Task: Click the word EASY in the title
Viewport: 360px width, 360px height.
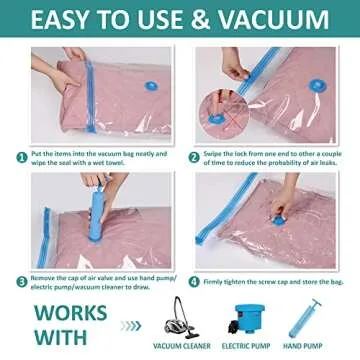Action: pos(71,20)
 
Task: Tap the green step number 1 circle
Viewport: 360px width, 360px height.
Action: pos(20,155)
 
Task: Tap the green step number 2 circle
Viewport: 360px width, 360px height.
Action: pos(194,155)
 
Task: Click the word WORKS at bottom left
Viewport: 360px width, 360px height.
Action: pos(65,308)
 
